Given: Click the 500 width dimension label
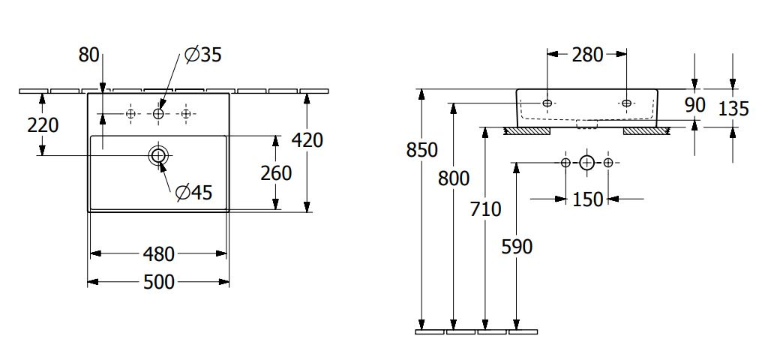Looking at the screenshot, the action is click(158, 282).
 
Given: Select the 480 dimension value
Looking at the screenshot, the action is click(158, 253).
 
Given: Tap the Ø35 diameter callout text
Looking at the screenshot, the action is click(203, 55).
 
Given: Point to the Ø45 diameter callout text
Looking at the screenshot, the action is click(193, 193).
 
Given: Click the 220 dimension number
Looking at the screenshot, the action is click(43, 125).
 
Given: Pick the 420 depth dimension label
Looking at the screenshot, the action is click(307, 141).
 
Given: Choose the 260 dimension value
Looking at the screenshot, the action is click(276, 173).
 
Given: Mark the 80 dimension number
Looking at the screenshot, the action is click(89, 55).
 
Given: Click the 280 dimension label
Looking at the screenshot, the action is click(587, 55).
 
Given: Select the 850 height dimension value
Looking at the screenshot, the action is click(422, 150).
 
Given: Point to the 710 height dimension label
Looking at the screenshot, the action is click(485, 209).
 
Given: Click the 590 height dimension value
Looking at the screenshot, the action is click(517, 247).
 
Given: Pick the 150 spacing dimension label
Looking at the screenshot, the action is click(587, 199).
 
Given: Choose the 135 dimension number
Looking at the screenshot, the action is click(733, 109).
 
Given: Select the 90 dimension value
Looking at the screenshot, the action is click(694, 105).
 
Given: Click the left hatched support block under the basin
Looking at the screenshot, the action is click(526, 131).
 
